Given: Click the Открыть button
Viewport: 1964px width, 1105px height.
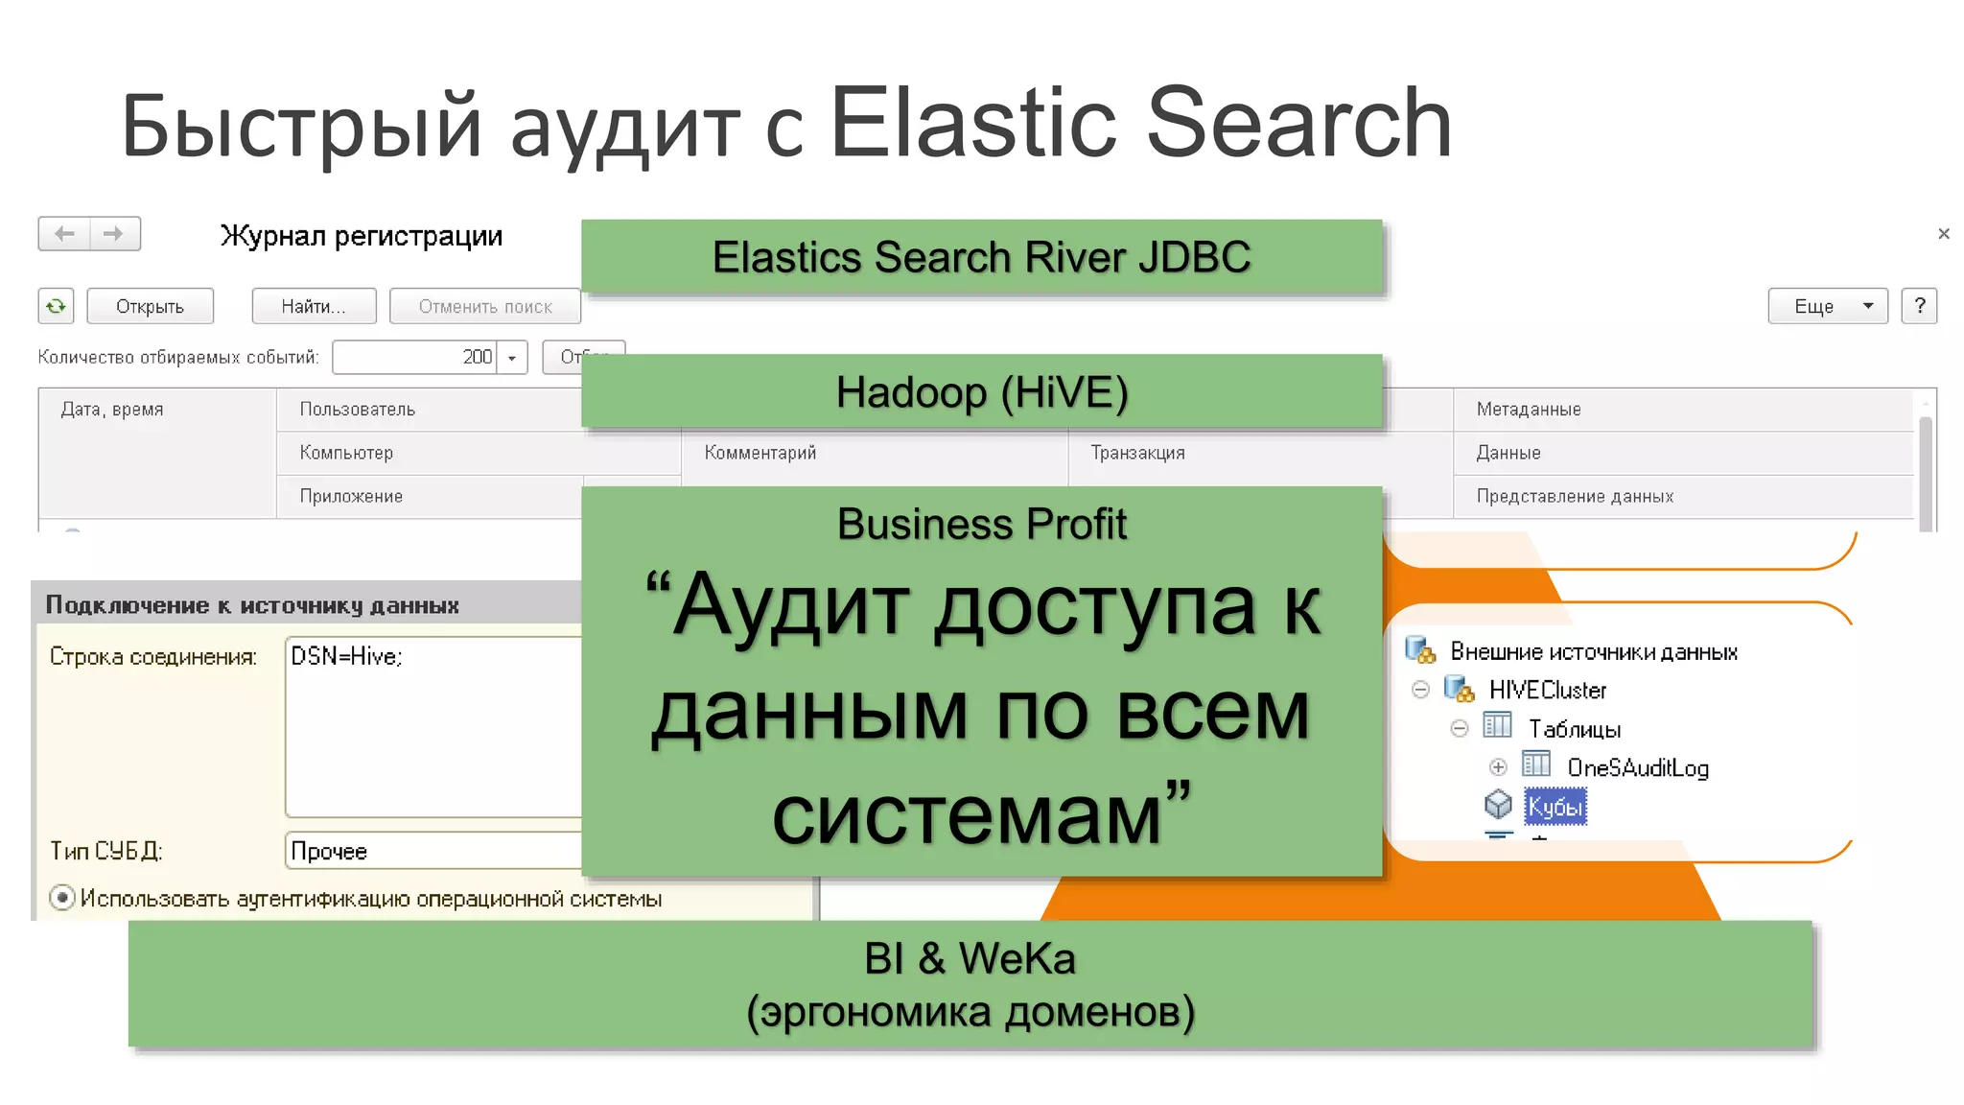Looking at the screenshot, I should [150, 307].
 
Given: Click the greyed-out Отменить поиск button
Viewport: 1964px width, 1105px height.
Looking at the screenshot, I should [485, 307].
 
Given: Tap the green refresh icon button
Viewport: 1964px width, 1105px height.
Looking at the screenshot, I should [56, 306].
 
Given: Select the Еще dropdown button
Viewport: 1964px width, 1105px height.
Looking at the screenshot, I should [1827, 306].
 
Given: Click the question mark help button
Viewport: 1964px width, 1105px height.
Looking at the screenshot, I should [1919, 306].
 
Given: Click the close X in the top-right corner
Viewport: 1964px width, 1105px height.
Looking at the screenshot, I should [1943, 234].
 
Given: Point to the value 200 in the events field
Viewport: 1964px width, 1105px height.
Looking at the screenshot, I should [477, 357].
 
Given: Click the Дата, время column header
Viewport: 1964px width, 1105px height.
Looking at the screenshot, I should [112, 410].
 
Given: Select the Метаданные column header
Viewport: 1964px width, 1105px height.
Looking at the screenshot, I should [1529, 410].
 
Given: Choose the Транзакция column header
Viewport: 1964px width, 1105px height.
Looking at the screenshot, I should [1137, 453].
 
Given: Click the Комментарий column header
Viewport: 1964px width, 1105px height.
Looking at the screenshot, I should [760, 453].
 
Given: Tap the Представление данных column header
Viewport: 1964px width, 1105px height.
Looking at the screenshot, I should [1575, 497].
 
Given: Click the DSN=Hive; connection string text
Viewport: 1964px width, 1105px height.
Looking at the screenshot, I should [346, 656].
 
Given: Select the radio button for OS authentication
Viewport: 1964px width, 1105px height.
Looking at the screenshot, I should [62, 898].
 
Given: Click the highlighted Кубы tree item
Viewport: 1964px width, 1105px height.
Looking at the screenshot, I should [1555, 807].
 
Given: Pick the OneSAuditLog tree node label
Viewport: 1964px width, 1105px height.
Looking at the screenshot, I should [1637, 767].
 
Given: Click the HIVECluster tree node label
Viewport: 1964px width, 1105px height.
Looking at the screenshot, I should [1547, 690].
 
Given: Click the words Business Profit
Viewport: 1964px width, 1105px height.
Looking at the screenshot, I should [981, 525].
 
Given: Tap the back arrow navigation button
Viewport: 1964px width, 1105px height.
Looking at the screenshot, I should [64, 234].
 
